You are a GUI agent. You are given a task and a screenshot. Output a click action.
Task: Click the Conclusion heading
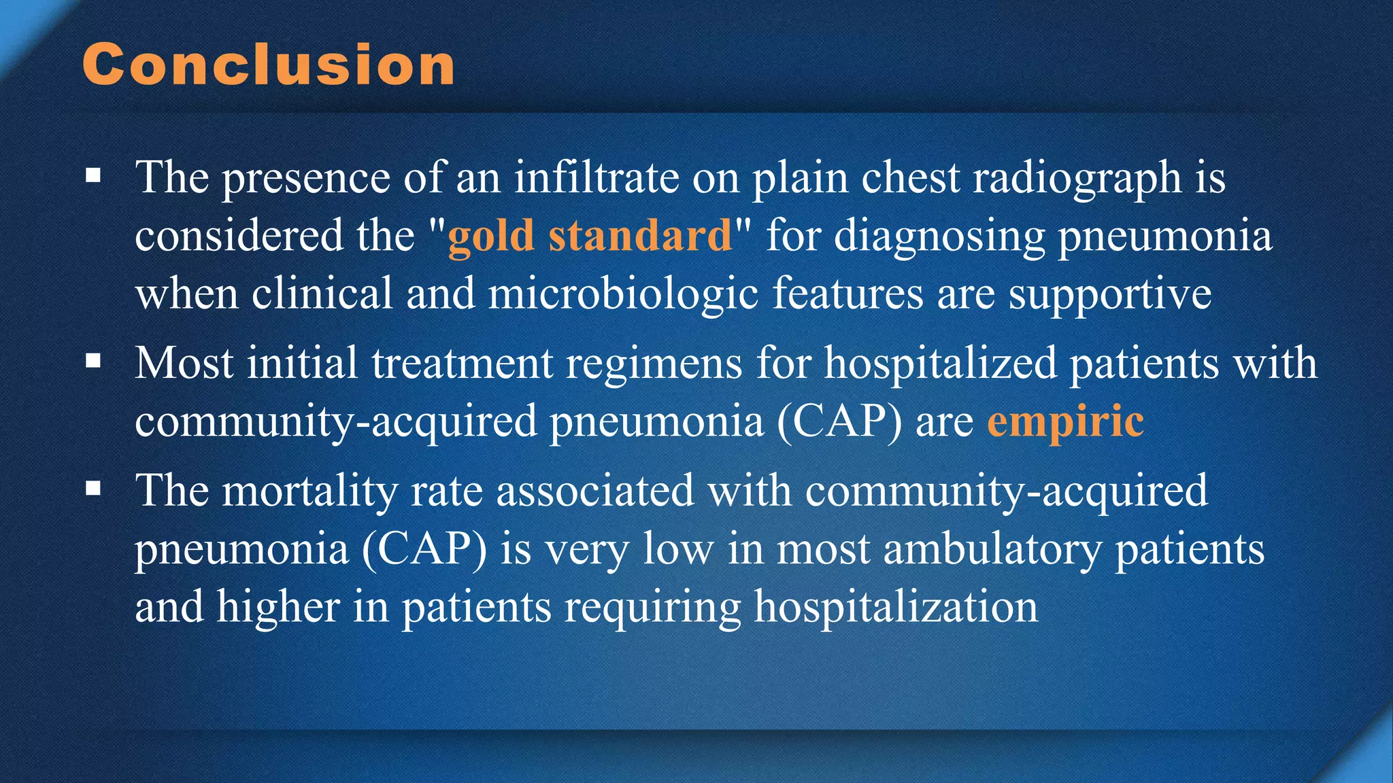(269, 65)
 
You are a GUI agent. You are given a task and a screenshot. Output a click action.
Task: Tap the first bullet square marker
(94, 177)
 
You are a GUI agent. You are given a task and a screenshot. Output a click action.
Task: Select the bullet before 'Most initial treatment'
(94, 361)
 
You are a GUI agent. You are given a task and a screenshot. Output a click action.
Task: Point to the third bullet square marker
(94, 489)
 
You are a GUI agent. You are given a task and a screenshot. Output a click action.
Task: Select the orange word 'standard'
(640, 235)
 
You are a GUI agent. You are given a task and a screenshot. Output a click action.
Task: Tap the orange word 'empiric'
(1065, 422)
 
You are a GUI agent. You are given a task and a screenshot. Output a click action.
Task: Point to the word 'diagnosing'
(939, 237)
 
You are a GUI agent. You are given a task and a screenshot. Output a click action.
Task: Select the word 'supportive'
(1109, 295)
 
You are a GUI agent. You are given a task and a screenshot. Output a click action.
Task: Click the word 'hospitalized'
(940, 364)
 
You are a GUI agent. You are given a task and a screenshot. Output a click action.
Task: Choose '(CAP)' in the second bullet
(839, 421)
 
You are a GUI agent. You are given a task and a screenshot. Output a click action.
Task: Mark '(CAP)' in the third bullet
(424, 549)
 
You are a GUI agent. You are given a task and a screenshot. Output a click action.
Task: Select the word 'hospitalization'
(896, 607)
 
